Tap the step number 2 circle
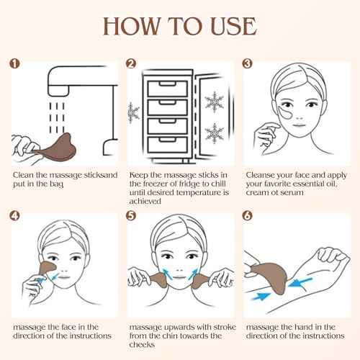131,63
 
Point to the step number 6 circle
249,215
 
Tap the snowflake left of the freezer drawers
132,111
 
